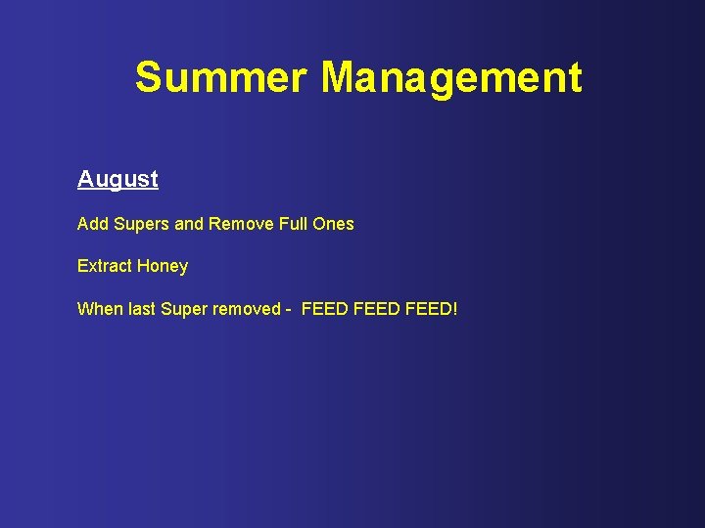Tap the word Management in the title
click(x=451, y=77)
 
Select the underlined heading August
click(x=117, y=180)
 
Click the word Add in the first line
click(x=93, y=224)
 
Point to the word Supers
click(x=141, y=225)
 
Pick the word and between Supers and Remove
click(x=188, y=224)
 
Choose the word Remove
click(x=238, y=224)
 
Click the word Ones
click(x=334, y=224)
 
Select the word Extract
click(x=105, y=266)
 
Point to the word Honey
click(x=163, y=267)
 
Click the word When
click(x=99, y=309)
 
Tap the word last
click(x=141, y=309)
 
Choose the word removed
click(x=246, y=309)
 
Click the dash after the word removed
click(x=289, y=310)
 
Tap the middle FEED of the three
click(x=377, y=309)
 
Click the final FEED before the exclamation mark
click(x=428, y=309)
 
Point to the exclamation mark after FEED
click(x=454, y=309)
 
